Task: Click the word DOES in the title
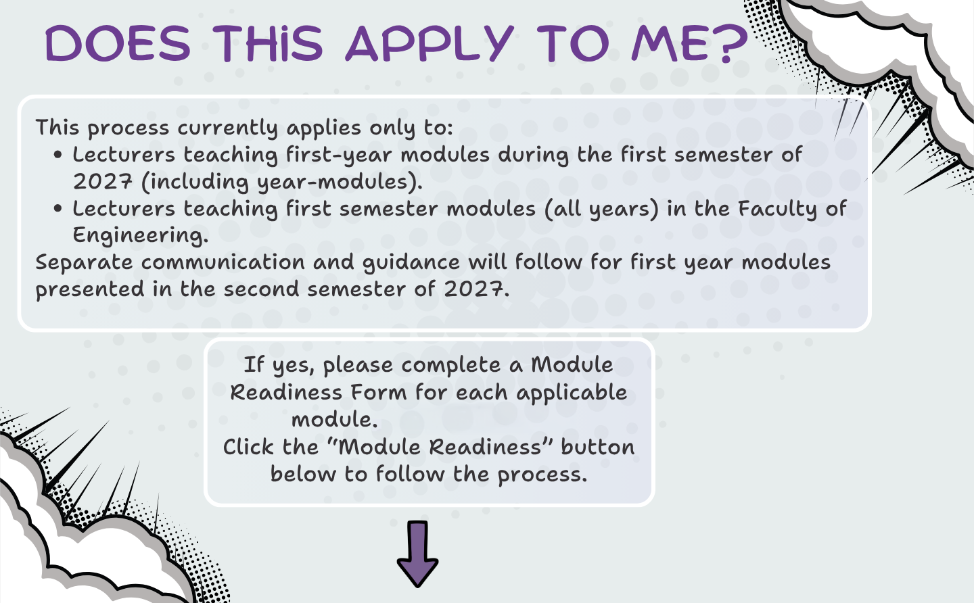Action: point(118,43)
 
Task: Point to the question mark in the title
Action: point(731,43)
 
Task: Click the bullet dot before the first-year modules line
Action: point(58,155)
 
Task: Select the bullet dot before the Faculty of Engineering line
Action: point(58,208)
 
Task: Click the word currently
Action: point(227,128)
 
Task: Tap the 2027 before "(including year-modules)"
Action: point(103,182)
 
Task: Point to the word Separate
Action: point(84,263)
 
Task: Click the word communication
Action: point(223,262)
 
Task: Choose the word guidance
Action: point(411,263)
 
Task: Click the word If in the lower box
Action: point(254,364)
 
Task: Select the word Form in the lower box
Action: point(378,392)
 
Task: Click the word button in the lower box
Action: point(598,447)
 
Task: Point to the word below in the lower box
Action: point(303,474)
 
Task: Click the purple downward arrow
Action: point(417,554)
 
